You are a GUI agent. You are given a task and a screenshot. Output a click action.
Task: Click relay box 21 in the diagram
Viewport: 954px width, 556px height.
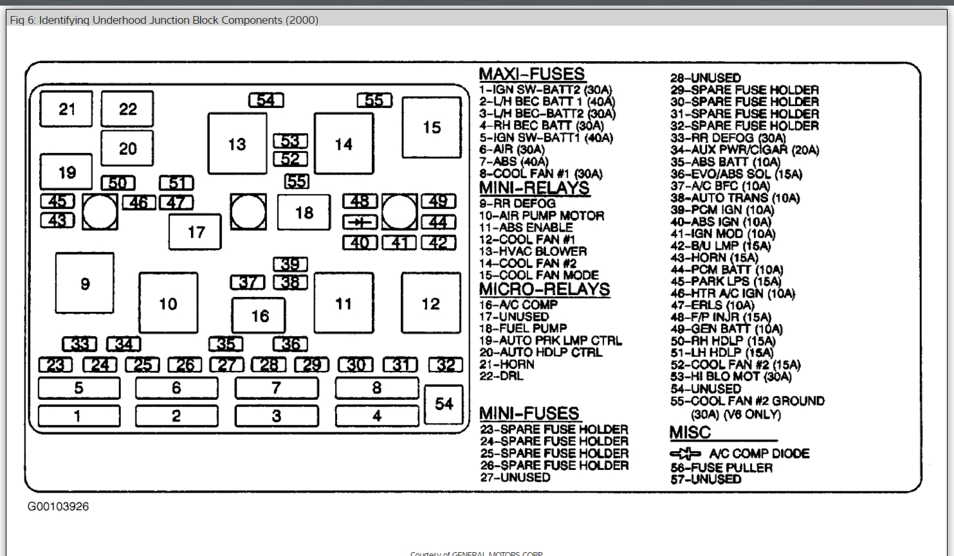[x=66, y=109]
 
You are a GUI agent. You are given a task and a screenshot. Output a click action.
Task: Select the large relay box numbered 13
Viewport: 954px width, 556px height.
[x=237, y=144]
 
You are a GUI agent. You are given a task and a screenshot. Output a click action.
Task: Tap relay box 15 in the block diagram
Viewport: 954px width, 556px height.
[x=432, y=127]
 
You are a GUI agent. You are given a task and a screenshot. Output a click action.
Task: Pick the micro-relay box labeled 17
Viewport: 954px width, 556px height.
[x=196, y=232]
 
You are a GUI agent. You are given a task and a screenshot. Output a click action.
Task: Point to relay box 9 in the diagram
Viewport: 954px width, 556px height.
[x=85, y=283]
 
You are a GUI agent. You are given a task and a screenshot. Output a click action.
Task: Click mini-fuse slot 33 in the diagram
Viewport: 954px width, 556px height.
[x=80, y=345]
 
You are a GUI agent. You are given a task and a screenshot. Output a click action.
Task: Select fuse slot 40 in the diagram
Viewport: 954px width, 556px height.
[x=360, y=243]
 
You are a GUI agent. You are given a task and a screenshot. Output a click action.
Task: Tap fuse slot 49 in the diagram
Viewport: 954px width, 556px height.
[x=439, y=201]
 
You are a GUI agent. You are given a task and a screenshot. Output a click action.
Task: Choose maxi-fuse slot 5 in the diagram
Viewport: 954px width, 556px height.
[x=79, y=388]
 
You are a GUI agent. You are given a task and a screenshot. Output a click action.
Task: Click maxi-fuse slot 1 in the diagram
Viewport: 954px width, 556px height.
[x=79, y=416]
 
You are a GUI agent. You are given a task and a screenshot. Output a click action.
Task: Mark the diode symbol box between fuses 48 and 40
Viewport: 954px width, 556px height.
[x=360, y=222]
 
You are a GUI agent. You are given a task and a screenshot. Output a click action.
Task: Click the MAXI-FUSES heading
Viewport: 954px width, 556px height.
[x=532, y=74]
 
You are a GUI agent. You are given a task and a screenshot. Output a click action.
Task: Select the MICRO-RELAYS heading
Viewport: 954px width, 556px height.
[x=544, y=289]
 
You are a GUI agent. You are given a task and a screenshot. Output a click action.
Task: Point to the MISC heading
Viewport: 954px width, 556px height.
[x=690, y=433]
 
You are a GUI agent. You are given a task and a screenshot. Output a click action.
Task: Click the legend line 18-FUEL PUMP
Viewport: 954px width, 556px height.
[x=523, y=328]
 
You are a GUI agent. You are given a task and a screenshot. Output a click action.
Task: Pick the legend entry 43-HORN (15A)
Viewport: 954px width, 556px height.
[x=714, y=258]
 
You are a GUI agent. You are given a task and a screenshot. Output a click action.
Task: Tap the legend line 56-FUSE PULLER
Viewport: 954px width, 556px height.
[x=721, y=468]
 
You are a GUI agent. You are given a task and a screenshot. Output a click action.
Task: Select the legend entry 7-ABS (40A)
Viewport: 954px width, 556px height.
[x=514, y=162]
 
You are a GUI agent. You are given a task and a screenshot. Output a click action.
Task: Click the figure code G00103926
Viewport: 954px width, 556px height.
[x=58, y=507]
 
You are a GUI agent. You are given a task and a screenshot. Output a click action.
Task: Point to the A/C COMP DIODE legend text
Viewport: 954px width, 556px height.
[x=759, y=454]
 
